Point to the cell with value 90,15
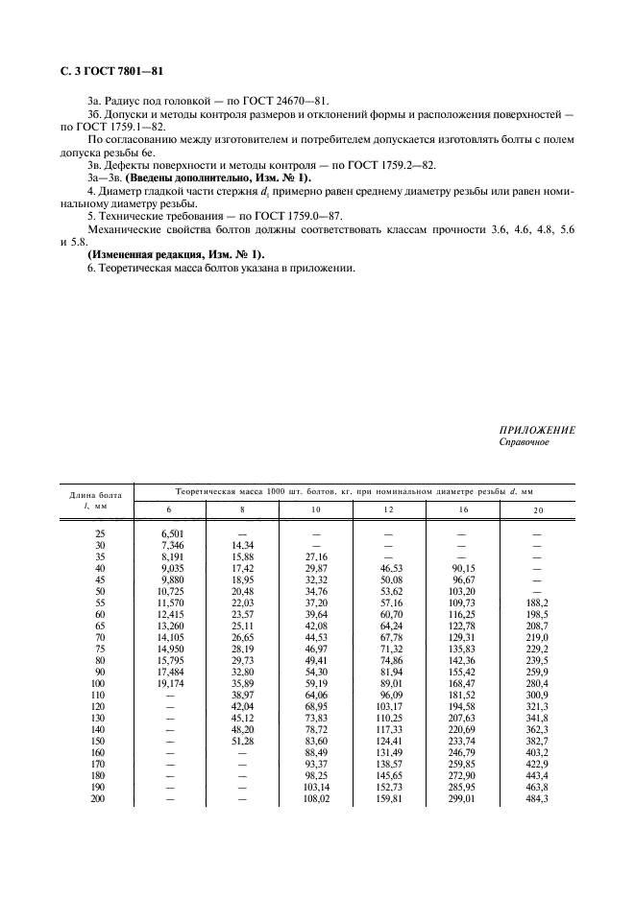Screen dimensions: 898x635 464,567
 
